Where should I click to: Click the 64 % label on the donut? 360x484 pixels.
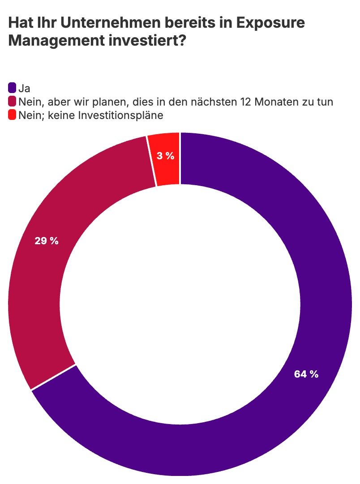pos(306,374)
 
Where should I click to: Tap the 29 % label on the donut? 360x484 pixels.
pos(47,241)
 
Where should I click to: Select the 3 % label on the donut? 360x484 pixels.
pos(165,156)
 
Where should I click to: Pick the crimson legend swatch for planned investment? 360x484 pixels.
pos(12,102)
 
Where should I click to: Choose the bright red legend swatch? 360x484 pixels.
pos(12,115)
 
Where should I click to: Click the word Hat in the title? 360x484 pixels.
pos(20,23)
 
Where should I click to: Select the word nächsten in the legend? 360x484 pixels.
pos(218,102)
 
